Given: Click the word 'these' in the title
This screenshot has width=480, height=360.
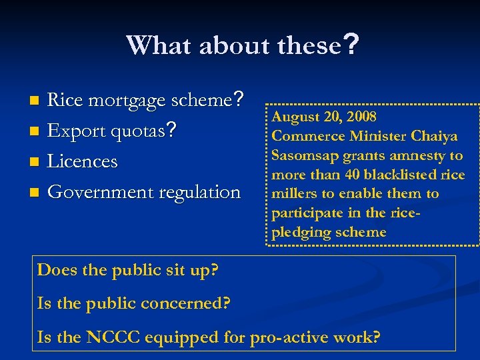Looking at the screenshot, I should tap(305, 46).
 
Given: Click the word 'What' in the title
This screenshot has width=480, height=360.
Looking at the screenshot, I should tap(157, 46).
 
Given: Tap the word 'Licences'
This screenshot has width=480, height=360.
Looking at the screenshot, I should tap(83, 161).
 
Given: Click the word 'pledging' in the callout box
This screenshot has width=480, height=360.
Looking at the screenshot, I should tap(299, 233).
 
